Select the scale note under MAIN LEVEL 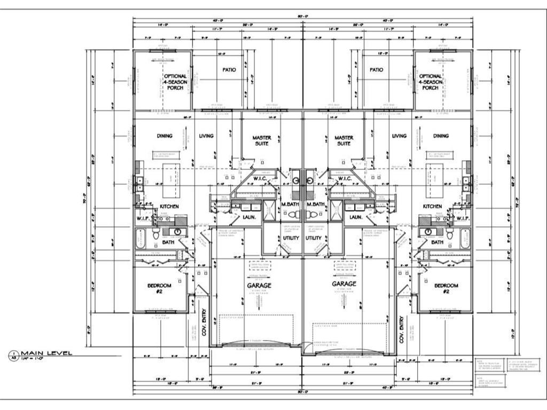point(34,359)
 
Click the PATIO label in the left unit point(229,70)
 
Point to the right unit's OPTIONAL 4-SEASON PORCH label point(431,82)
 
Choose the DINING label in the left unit point(165,136)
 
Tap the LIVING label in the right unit point(399,136)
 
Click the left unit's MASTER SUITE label point(262,141)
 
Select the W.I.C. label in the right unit point(344,178)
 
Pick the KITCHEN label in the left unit point(169,206)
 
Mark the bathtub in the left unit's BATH point(141,238)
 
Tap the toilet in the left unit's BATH point(156,235)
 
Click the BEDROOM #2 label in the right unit point(446,289)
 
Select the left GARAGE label point(259,286)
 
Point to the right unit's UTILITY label point(314,238)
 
